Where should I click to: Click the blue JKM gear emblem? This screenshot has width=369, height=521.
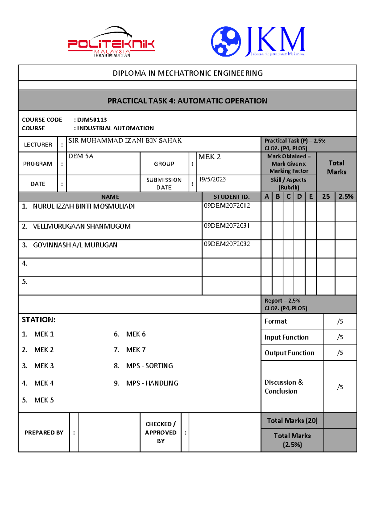tap(226, 41)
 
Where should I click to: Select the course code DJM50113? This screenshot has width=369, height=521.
tap(92, 120)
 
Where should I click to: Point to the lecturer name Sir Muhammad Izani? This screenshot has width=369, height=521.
tap(125, 141)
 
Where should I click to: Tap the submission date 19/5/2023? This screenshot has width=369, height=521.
tap(212, 179)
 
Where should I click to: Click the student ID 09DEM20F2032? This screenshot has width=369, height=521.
tap(227, 244)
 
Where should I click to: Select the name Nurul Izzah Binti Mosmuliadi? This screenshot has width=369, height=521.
tap(84, 206)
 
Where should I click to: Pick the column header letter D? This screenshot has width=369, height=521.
tap(299, 197)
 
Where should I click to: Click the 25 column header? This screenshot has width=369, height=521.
tap(326, 197)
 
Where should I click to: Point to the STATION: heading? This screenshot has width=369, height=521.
tap(38, 320)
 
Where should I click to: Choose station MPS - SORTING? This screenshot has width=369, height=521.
tap(149, 366)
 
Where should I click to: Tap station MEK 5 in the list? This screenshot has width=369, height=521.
tap(44, 400)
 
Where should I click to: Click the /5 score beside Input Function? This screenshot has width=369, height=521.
tap(340, 337)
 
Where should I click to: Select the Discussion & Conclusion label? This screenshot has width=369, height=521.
tap(284, 387)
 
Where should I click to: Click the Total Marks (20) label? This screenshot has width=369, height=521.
tap(292, 421)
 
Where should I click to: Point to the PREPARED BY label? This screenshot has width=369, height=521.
tap(44, 433)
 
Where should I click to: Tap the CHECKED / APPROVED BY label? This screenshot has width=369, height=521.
tap(161, 433)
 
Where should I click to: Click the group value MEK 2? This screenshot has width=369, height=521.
tap(209, 157)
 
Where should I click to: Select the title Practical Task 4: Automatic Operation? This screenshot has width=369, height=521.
tap(187, 101)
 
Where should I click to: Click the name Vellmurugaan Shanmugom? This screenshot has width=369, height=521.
tap(82, 226)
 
